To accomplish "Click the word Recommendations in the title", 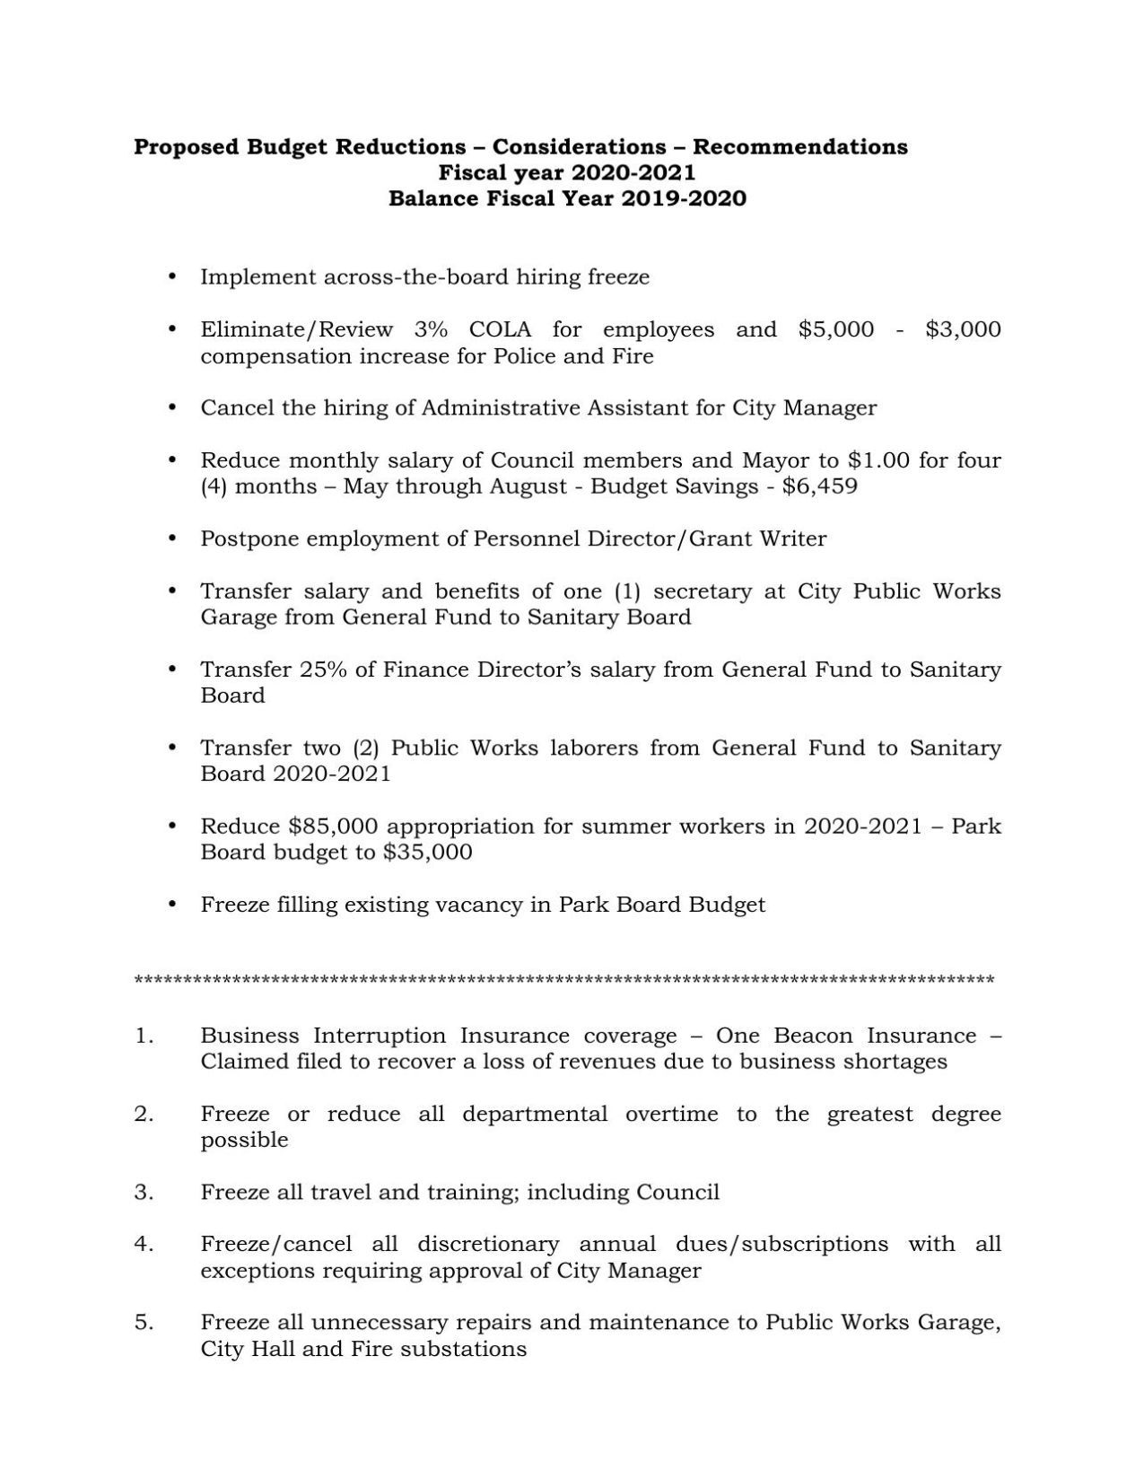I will pos(799,147).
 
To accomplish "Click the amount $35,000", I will pos(427,852).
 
